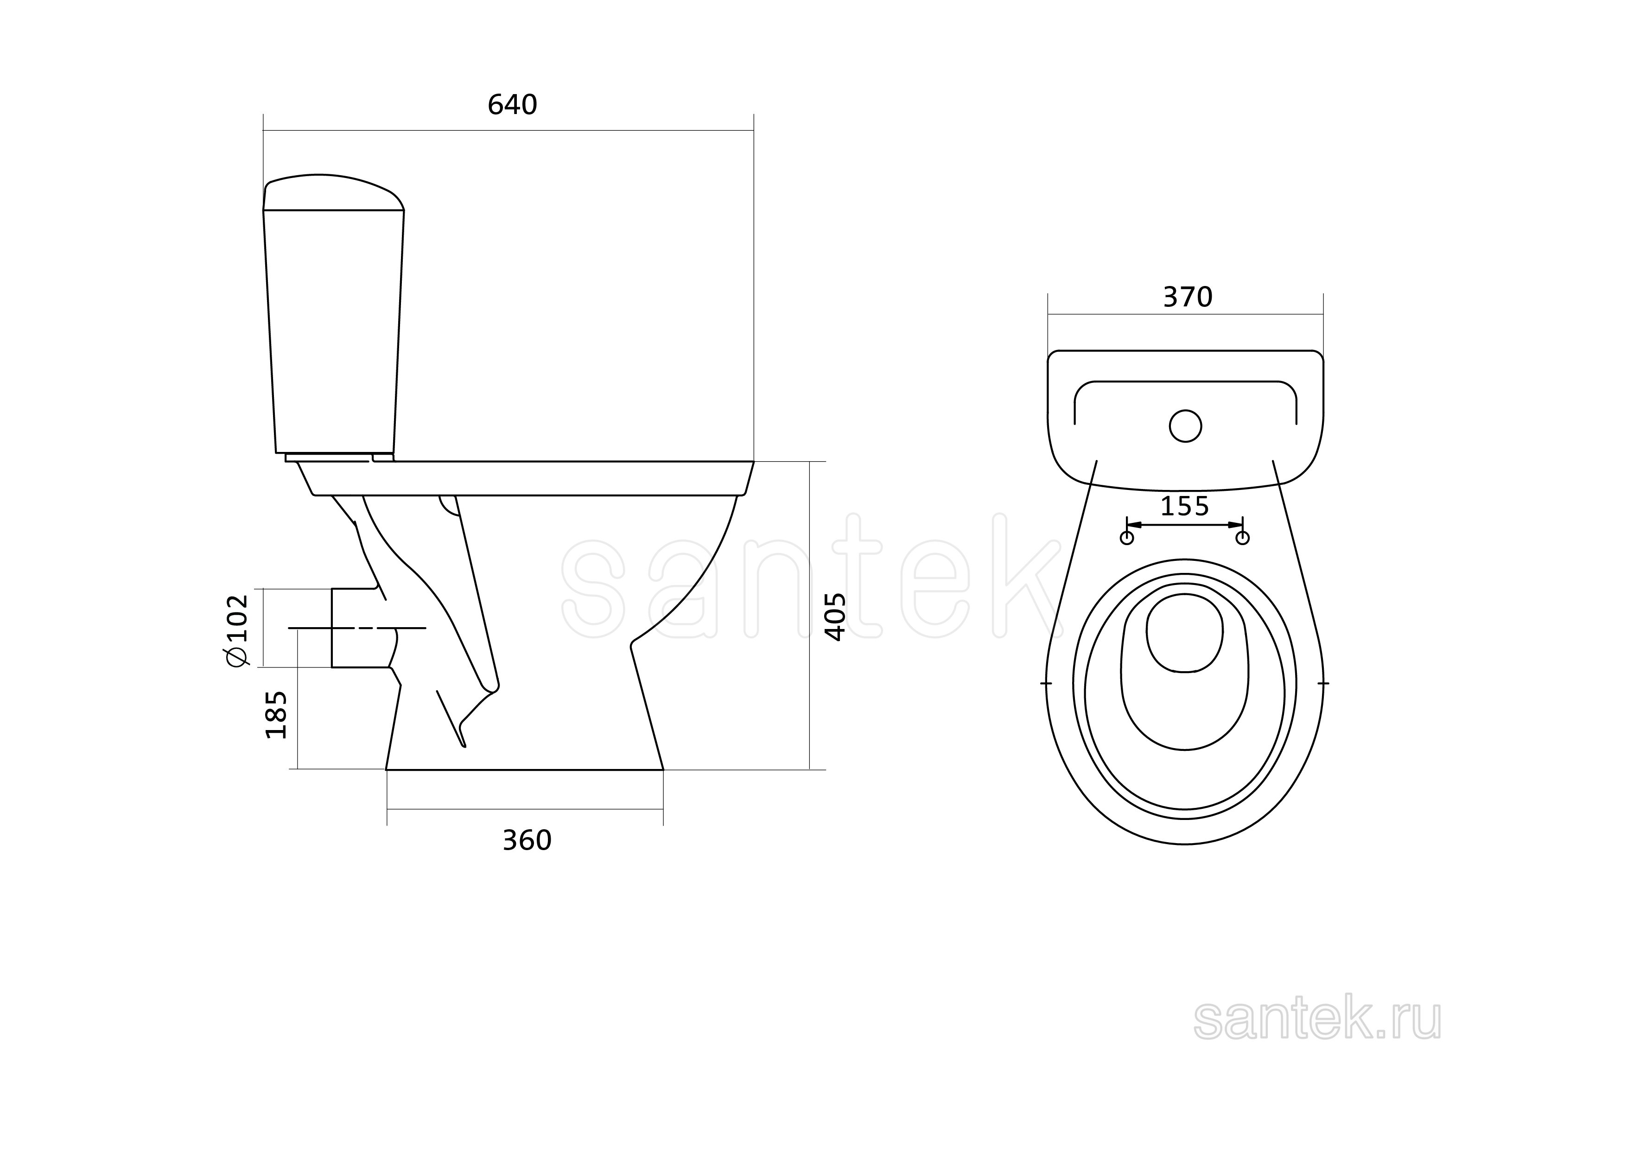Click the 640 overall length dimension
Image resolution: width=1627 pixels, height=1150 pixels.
[512, 105]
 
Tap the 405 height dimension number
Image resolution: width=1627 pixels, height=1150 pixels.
[836, 617]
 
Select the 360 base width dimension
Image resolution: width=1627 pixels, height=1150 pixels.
[527, 840]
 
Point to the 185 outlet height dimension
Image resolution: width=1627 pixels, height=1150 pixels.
[276, 715]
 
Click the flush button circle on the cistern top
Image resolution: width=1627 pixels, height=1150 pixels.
[1185, 426]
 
